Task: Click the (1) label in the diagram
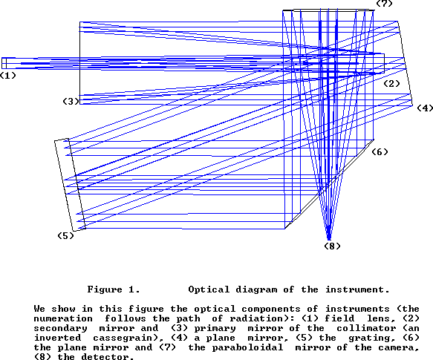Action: point(8,76)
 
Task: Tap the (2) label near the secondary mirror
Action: point(392,84)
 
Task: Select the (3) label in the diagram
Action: point(71,101)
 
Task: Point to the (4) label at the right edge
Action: point(425,108)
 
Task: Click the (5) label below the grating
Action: point(65,236)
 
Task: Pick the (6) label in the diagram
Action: point(380,152)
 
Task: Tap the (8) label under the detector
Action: point(332,246)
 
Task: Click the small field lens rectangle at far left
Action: point(4,63)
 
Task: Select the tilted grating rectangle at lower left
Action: point(70,185)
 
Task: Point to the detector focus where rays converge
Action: point(329,239)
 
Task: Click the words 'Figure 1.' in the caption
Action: point(114,289)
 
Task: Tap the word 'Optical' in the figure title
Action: point(209,289)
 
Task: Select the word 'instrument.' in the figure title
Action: point(357,289)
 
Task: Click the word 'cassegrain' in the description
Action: point(123,338)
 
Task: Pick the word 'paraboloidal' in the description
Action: point(247,347)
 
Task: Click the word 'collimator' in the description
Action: point(366,328)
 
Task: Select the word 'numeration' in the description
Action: point(63,318)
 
